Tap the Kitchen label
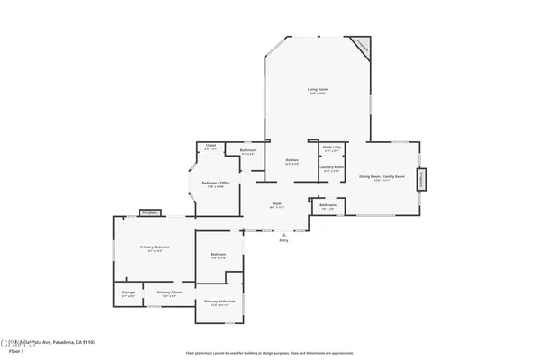point(292,160)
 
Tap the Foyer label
point(278,204)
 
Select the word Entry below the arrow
point(283,240)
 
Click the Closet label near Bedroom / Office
point(211,146)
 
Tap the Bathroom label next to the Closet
point(248,150)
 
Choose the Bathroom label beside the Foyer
point(328,205)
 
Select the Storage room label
point(128,292)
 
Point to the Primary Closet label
point(169,292)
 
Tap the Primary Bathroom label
point(220,301)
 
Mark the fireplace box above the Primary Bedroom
point(149,213)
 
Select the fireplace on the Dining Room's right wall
point(418,179)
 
